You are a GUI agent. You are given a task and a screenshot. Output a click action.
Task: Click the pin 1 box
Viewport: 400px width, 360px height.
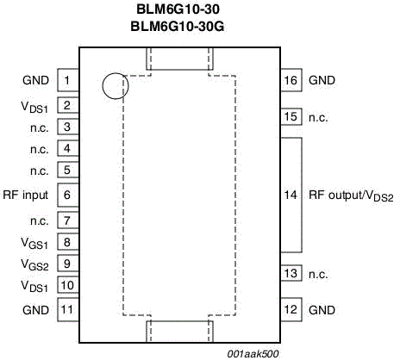pyautogui.click(x=68, y=80)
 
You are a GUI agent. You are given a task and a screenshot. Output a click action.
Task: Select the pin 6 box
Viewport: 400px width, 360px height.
pyautogui.click(x=68, y=195)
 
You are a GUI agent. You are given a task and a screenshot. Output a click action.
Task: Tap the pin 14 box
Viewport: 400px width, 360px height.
pyautogui.click(x=291, y=196)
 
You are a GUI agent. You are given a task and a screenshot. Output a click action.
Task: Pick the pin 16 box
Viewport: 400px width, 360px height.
pyautogui.click(x=291, y=80)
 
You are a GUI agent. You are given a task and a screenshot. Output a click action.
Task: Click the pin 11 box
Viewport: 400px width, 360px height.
pyautogui.click(x=68, y=309)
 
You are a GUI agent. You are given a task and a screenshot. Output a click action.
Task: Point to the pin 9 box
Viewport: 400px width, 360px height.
pyautogui.click(x=68, y=264)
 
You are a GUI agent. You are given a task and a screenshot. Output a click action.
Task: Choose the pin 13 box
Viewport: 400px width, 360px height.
pyautogui.click(x=291, y=273)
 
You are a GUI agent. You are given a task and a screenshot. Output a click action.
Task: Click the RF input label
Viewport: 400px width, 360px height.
pyautogui.click(x=25, y=196)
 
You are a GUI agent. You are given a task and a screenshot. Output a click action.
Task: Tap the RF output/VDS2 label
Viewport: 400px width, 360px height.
pyautogui.click(x=351, y=196)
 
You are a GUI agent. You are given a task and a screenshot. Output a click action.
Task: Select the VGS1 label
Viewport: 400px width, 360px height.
pyautogui.click(x=34, y=244)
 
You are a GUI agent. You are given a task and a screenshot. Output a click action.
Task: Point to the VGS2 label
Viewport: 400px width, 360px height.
pyautogui.click(x=34, y=264)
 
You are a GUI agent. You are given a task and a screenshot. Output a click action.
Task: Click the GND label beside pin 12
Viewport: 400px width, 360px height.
pyautogui.click(x=322, y=310)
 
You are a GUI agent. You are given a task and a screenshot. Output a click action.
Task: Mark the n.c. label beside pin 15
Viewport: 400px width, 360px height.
pyautogui.click(x=318, y=117)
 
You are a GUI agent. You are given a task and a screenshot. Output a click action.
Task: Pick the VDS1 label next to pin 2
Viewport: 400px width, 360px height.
pyautogui.click(x=34, y=107)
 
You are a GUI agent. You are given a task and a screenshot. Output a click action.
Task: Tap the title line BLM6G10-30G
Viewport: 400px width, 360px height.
pyautogui.click(x=178, y=27)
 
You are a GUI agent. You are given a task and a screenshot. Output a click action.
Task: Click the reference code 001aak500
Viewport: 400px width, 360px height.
pyautogui.click(x=253, y=354)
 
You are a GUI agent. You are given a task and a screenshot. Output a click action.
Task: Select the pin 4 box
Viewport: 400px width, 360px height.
pyautogui.click(x=68, y=148)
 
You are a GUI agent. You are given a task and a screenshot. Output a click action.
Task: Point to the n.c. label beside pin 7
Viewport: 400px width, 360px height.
pyautogui.click(x=40, y=221)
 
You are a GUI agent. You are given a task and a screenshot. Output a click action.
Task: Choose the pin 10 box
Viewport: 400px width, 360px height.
pyautogui.click(x=68, y=285)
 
